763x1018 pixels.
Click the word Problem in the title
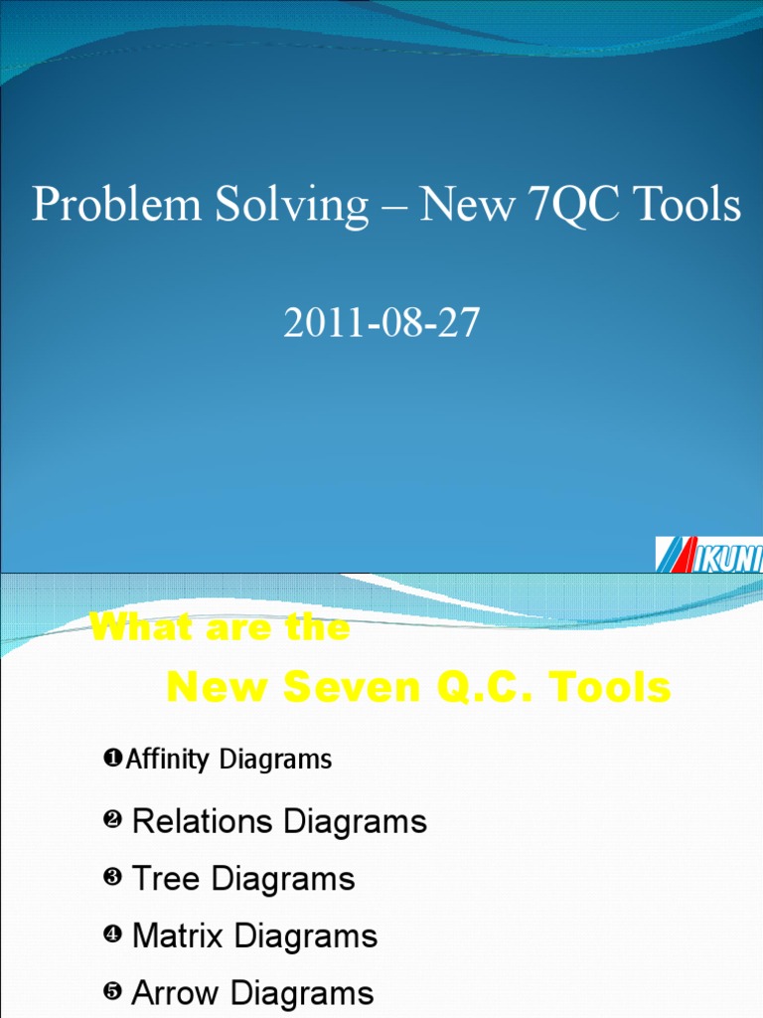click(94, 206)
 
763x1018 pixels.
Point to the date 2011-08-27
click(381, 324)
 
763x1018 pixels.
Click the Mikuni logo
click(708, 555)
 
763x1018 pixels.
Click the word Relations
click(203, 821)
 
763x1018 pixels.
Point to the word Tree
click(164, 879)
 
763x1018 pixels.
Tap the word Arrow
click(173, 993)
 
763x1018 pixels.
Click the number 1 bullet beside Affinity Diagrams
click(111, 760)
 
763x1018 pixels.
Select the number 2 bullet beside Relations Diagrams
click(111, 821)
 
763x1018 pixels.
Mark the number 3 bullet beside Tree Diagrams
click(111, 879)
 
